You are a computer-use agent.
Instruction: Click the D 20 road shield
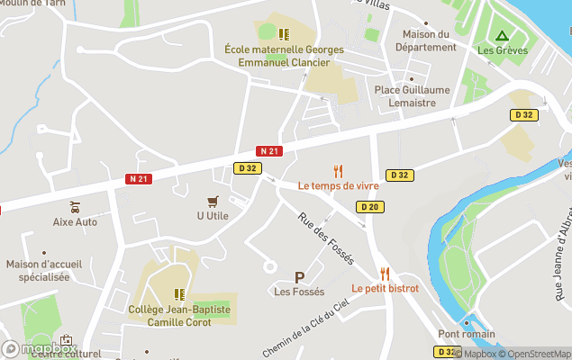point(368,207)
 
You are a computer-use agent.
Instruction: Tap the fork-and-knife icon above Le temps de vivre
point(339,170)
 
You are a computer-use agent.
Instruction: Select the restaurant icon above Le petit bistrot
point(385,274)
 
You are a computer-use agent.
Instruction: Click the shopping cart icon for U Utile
point(213,201)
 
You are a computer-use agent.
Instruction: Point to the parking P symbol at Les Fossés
point(299,277)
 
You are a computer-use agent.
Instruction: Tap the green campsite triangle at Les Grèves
point(502,36)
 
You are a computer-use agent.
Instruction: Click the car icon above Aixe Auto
point(75,207)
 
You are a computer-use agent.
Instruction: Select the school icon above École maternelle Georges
point(284,34)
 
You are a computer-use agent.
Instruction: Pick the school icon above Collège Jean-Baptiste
point(179,294)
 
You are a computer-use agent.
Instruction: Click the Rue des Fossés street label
point(326,238)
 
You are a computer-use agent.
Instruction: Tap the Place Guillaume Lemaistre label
point(412,96)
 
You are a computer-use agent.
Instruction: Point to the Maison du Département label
point(425,40)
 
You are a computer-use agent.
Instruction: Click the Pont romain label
point(467,334)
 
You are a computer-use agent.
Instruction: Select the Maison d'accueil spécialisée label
point(38,271)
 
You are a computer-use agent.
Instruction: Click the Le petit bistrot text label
point(385,289)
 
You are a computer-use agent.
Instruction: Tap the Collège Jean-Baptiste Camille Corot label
point(179,315)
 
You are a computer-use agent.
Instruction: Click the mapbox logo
point(38,348)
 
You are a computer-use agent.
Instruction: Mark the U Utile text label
point(213,216)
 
